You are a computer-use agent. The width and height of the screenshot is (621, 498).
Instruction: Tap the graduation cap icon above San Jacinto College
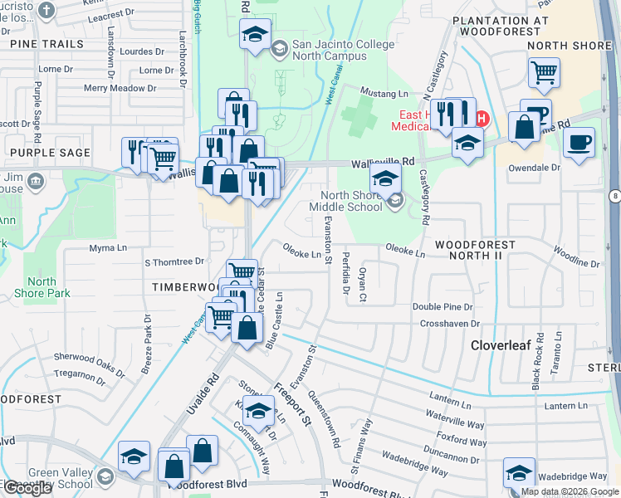coord(254,34)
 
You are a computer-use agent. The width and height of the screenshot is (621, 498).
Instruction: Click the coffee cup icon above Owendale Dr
coord(579,140)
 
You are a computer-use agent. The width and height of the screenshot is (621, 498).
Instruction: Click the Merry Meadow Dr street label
coord(120,88)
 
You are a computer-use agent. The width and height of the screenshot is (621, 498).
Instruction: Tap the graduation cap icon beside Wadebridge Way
coord(519,473)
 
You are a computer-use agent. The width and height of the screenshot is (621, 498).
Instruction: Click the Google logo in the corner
coord(27,488)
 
